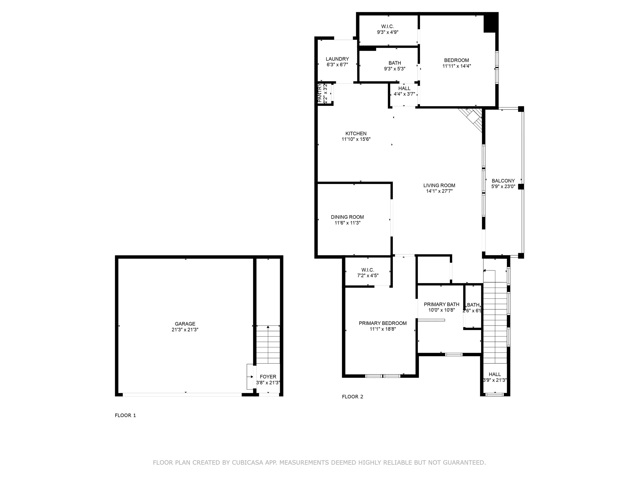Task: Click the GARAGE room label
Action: point(185,324)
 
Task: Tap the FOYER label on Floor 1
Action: point(268,377)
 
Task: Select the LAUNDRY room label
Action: point(337,59)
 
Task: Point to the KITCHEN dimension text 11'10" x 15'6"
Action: point(356,139)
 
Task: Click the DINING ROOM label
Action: point(347,217)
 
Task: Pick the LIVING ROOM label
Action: point(439,185)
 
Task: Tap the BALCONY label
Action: point(503,181)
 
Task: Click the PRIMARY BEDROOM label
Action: point(382,323)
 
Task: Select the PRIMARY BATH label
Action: point(441,304)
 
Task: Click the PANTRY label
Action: point(320,93)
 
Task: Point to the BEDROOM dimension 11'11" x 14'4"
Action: point(457,66)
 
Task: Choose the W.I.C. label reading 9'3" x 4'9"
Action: point(387,27)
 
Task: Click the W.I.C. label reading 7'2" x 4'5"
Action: point(368,270)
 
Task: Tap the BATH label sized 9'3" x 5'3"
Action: point(395,63)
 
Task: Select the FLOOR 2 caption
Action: point(352,397)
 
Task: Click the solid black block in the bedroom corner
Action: point(491,23)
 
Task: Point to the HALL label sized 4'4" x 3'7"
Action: point(404,88)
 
